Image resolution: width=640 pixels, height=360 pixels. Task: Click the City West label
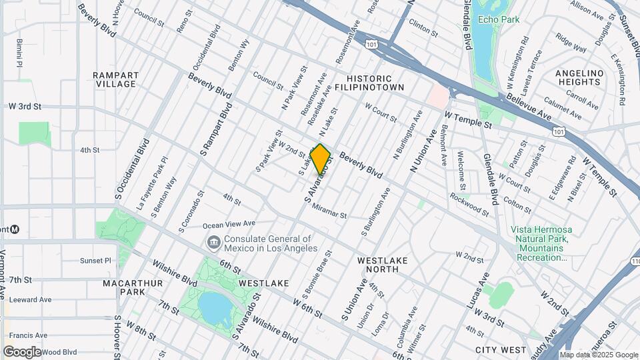(x=501, y=349)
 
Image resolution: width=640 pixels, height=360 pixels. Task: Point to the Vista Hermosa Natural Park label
(x=541, y=243)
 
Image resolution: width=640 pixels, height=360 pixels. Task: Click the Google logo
(x=22, y=351)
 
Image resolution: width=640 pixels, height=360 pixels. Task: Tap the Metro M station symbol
(x=15, y=229)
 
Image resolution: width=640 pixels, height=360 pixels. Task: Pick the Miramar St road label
(x=329, y=211)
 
